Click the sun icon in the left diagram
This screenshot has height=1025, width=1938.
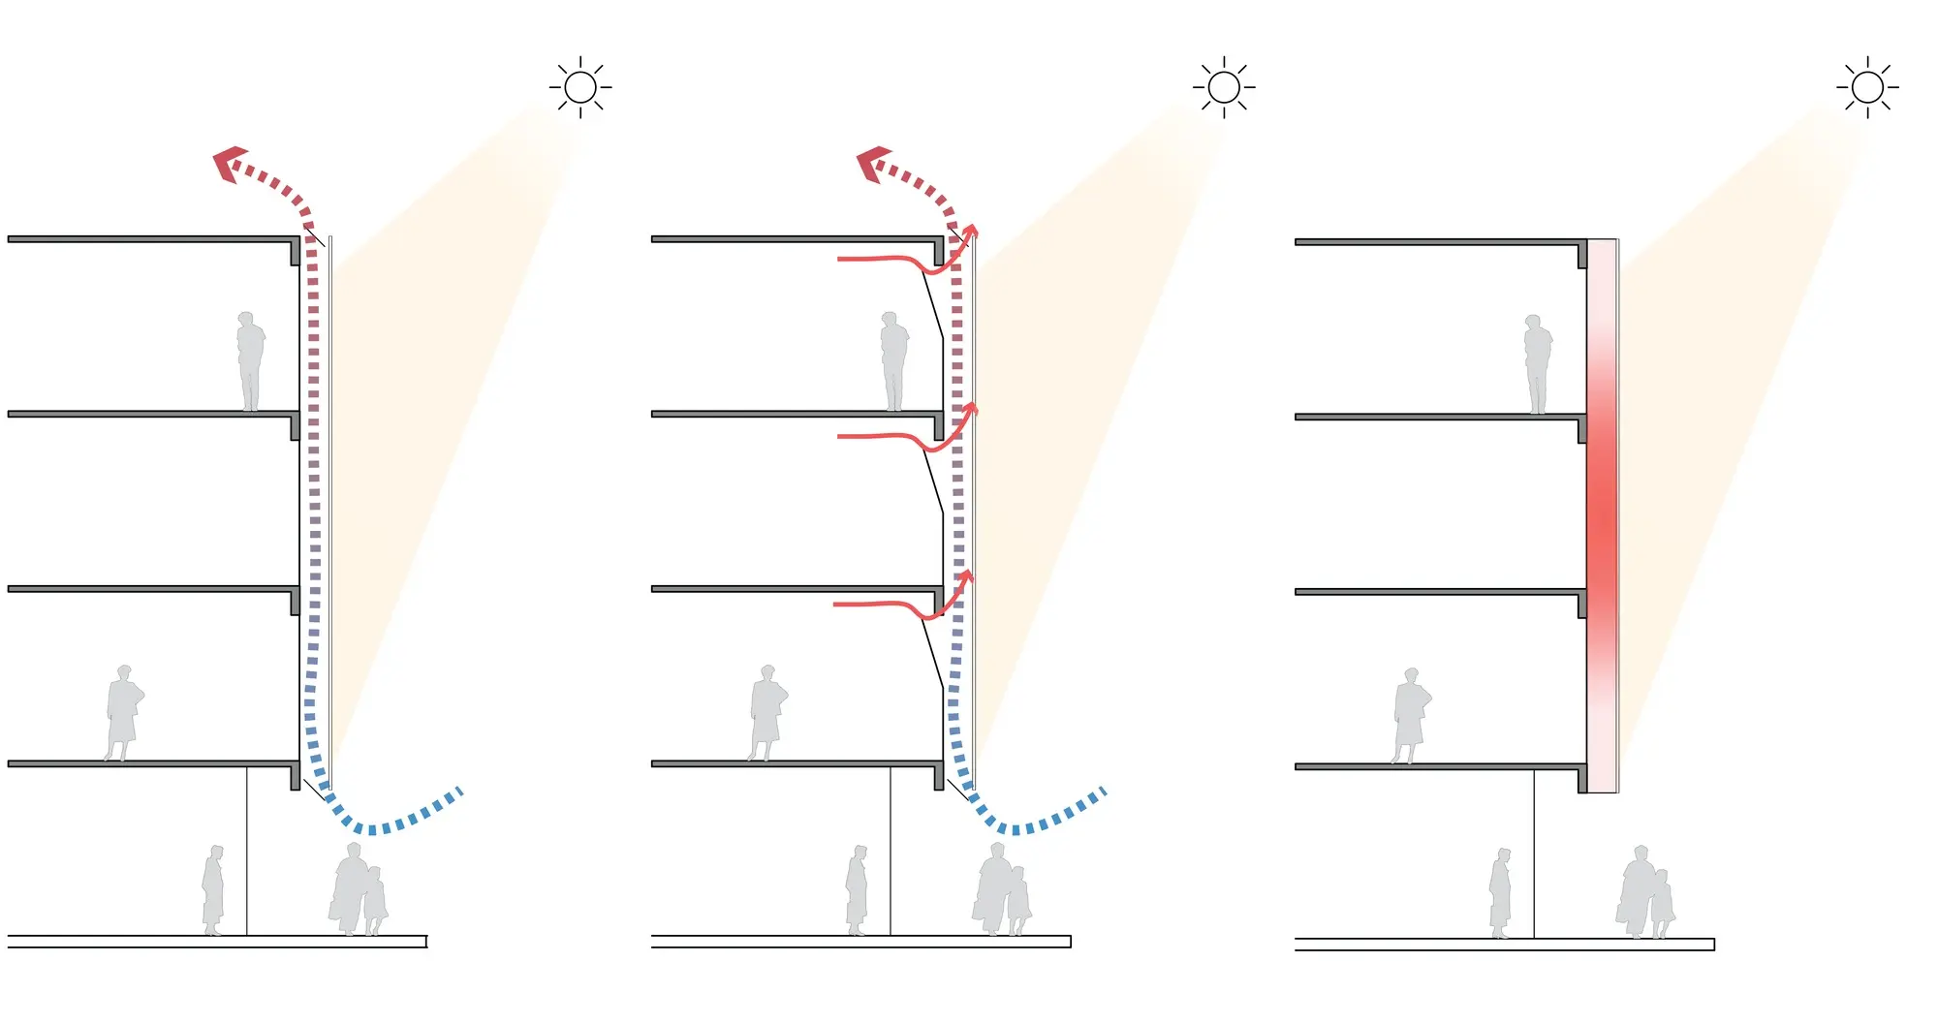(x=580, y=87)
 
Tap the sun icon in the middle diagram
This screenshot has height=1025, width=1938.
(x=1224, y=87)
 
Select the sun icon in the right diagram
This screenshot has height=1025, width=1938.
(x=1867, y=87)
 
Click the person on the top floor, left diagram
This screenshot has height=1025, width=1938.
(x=250, y=361)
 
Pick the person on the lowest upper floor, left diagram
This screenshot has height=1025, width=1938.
(x=123, y=713)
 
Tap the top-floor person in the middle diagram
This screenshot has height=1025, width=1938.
(x=893, y=361)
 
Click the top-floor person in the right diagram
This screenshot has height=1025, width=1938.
(x=1537, y=364)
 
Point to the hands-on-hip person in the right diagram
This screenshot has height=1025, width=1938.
(x=1411, y=716)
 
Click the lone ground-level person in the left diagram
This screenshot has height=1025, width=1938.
(x=213, y=890)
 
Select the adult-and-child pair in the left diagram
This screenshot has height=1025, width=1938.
(x=359, y=890)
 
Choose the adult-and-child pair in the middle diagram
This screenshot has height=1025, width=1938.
(x=1002, y=890)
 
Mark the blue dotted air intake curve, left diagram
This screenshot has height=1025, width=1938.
(x=388, y=823)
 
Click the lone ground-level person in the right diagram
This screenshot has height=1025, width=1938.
(x=1500, y=893)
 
